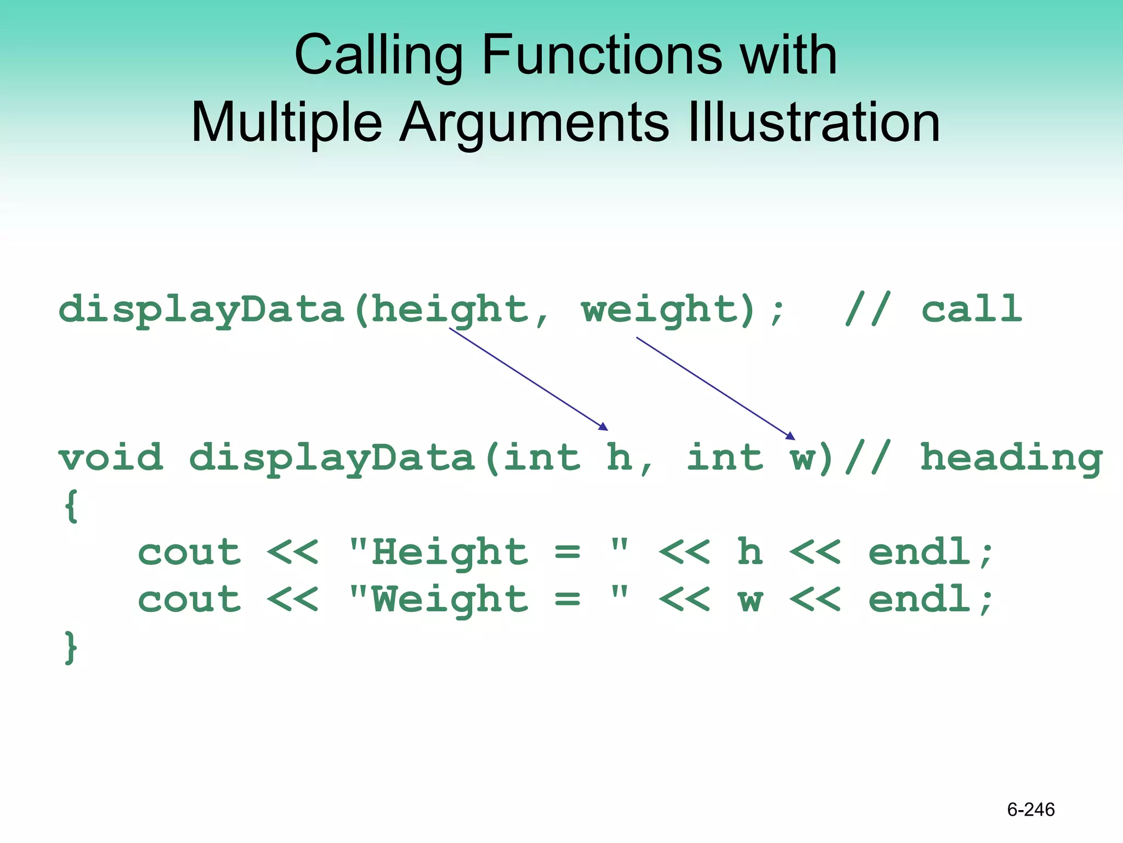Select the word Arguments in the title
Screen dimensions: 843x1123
click(x=534, y=122)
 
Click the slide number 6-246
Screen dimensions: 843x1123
click(x=1030, y=810)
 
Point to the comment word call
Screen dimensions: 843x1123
click(x=971, y=309)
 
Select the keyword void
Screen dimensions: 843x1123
click(x=111, y=457)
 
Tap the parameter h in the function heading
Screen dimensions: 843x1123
click(x=619, y=457)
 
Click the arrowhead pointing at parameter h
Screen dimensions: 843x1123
click(x=604, y=427)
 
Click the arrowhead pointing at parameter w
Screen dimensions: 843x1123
click(x=791, y=436)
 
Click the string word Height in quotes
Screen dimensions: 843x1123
click(x=450, y=552)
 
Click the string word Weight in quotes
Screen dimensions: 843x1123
click(x=450, y=599)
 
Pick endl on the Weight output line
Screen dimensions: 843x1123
click(x=920, y=599)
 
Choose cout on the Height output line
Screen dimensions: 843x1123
click(x=189, y=552)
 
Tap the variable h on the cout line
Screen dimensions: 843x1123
click(x=750, y=552)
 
